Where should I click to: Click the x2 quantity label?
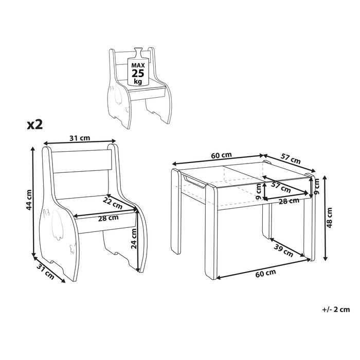(x=34, y=125)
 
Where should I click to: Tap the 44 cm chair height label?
(x=29, y=201)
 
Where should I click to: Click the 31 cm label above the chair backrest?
(x=80, y=137)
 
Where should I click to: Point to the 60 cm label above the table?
(x=221, y=155)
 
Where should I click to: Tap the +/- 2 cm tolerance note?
(x=335, y=309)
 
